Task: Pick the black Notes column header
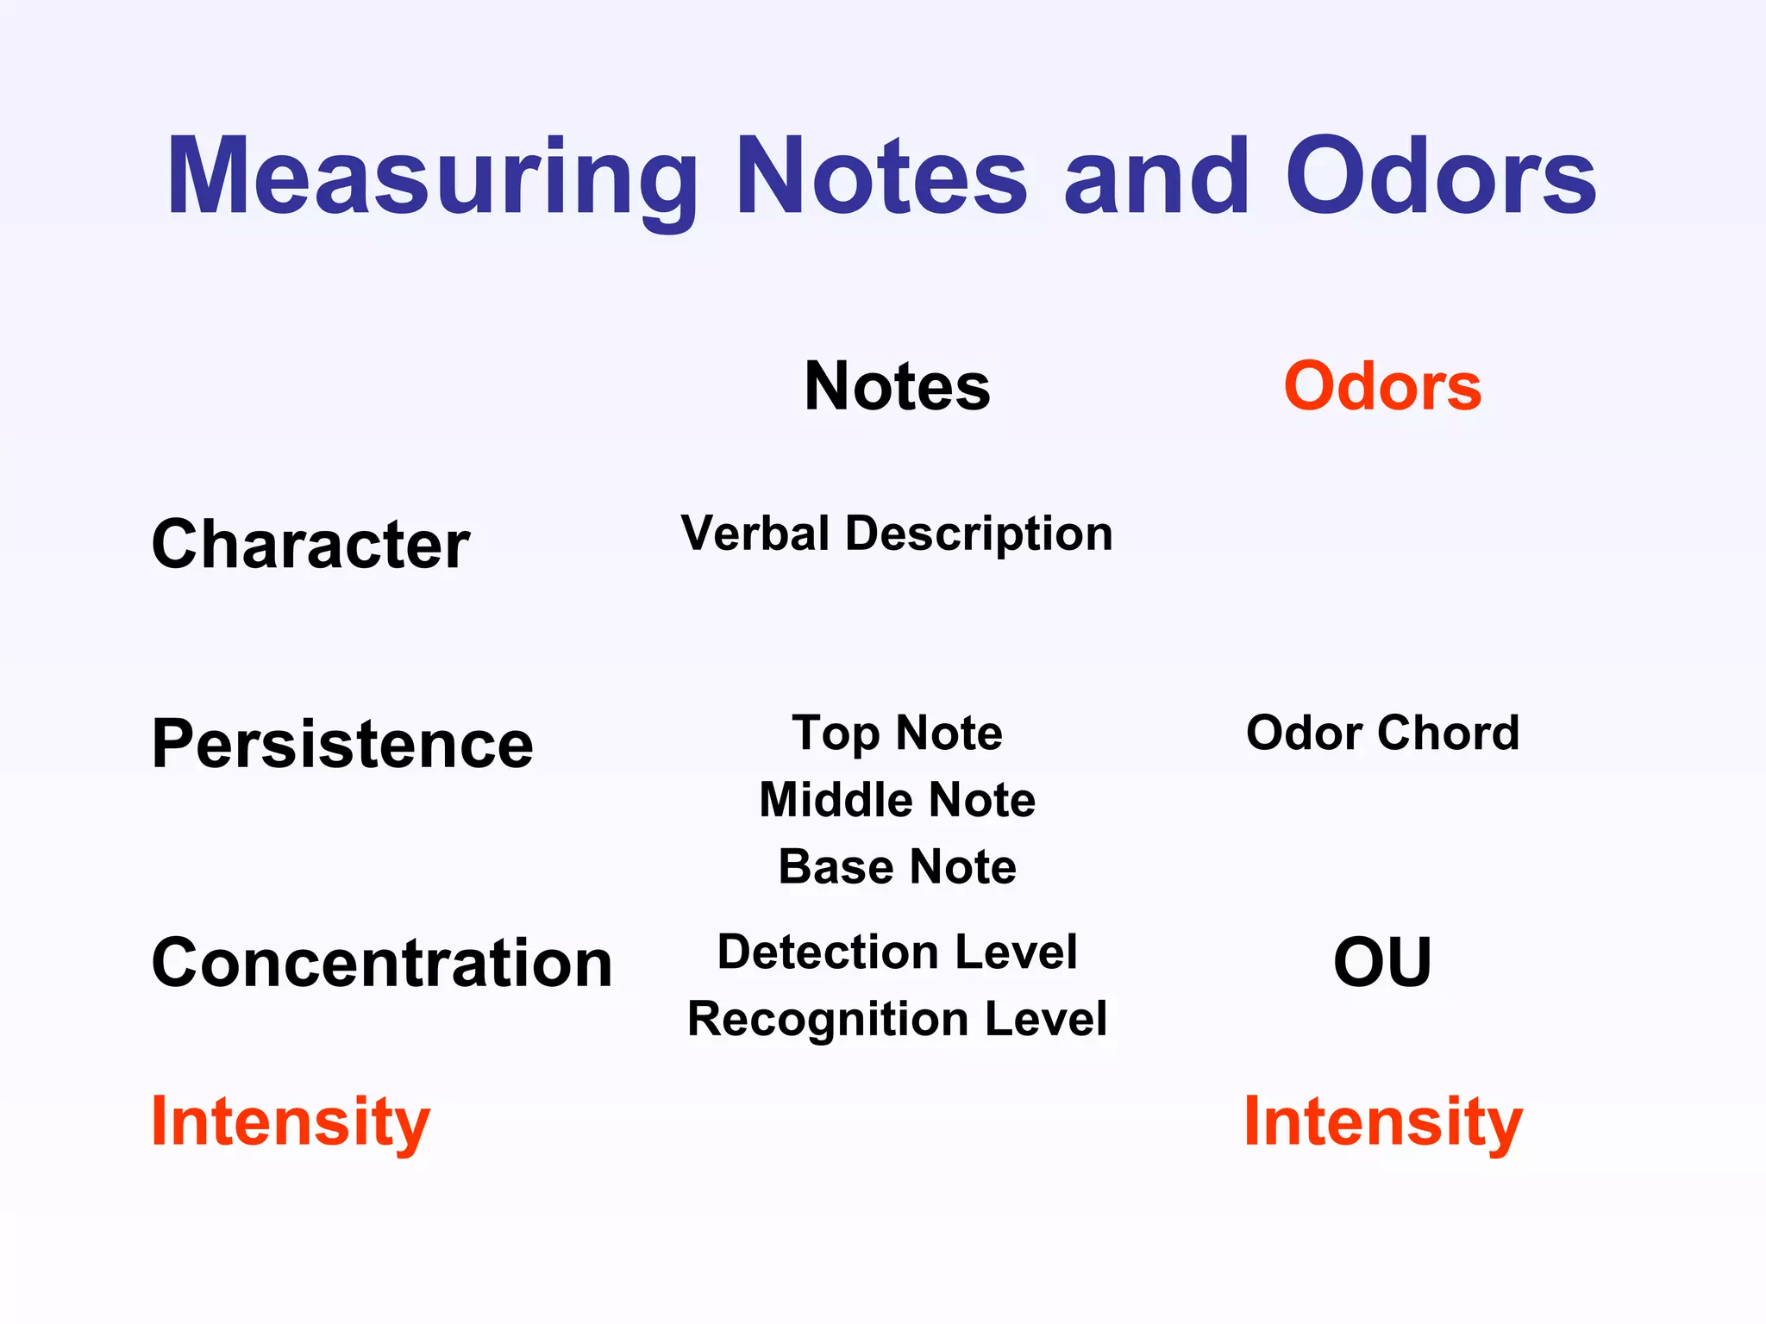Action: [897, 387]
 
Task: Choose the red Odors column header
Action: [1382, 387]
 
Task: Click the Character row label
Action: [310, 545]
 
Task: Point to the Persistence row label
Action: [342, 744]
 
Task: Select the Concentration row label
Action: [382, 963]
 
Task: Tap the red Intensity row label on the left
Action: [291, 1121]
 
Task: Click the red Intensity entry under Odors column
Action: [1382, 1121]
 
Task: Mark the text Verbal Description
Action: [897, 534]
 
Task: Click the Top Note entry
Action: [897, 734]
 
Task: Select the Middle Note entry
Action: [897, 800]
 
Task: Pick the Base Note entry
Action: [897, 867]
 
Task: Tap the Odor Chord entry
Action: [1382, 734]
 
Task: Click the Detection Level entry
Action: [897, 952]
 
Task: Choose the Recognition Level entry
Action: [897, 1020]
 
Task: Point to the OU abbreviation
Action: [1382, 963]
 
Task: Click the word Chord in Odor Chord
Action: [1448, 734]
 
